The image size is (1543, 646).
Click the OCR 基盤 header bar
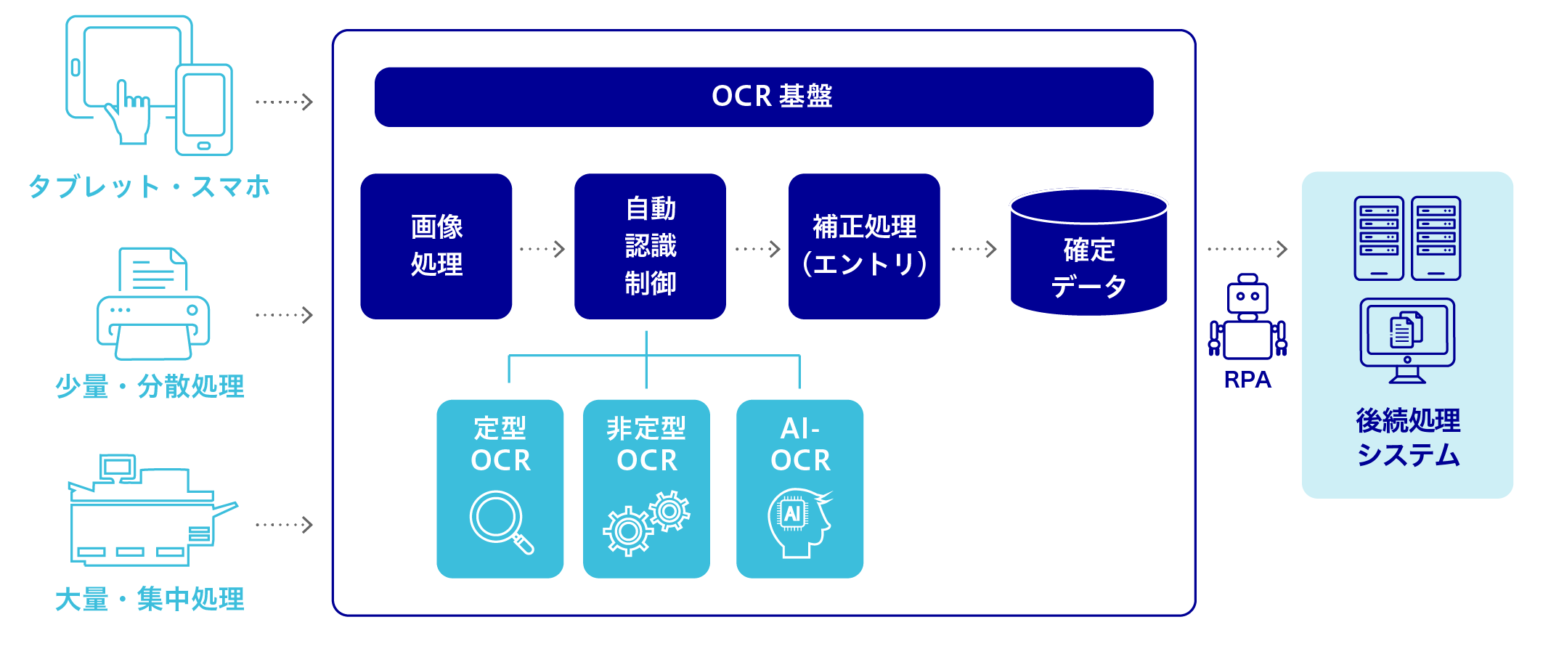click(x=764, y=97)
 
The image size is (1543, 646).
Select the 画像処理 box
click(x=436, y=246)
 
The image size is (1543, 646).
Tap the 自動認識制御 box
click(x=650, y=246)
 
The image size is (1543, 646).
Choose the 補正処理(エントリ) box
click(x=864, y=246)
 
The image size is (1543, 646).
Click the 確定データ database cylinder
click(x=1088, y=254)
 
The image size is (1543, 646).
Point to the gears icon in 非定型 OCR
click(x=646, y=522)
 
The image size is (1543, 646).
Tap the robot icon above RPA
click(x=1247, y=317)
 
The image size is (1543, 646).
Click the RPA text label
click(x=1247, y=380)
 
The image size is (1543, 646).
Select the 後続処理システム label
click(x=1408, y=438)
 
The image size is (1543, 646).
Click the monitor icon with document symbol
click(x=1407, y=340)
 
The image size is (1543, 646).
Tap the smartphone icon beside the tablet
click(x=204, y=110)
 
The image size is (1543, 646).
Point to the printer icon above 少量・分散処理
click(x=153, y=304)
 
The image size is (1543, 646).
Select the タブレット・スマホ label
click(x=149, y=187)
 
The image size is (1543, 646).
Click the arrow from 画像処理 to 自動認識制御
click(x=542, y=249)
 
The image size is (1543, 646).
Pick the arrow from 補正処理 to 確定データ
click(x=974, y=249)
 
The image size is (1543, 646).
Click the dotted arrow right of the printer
click(x=284, y=315)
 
